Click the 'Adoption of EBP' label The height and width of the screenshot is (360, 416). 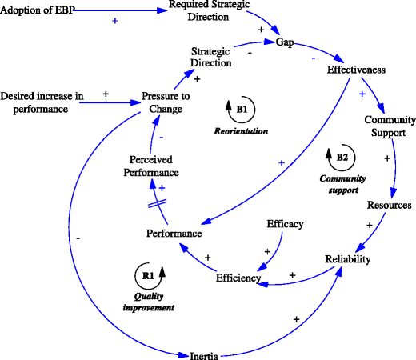38,10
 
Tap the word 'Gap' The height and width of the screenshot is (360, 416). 285,41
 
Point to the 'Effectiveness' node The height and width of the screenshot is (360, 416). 357,70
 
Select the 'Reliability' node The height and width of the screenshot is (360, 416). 348,259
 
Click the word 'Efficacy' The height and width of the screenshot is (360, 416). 285,224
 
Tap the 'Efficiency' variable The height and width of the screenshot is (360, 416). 238,278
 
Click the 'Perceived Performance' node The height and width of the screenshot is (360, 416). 155,165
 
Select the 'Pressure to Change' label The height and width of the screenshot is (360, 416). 166,103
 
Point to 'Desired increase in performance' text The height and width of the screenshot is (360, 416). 42,102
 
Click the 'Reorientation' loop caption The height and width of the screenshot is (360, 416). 240,130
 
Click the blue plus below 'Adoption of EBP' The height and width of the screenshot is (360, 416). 115,19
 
